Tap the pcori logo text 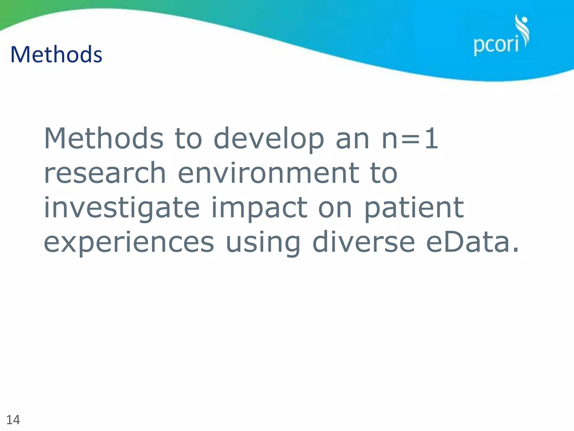point(496,45)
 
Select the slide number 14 point(13,420)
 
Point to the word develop point(269,139)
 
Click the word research point(105,173)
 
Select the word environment point(268,173)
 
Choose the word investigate point(122,208)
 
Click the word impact point(259,208)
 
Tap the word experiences point(129,243)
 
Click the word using point(263,243)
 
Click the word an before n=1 point(352,139)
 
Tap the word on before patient point(335,208)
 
